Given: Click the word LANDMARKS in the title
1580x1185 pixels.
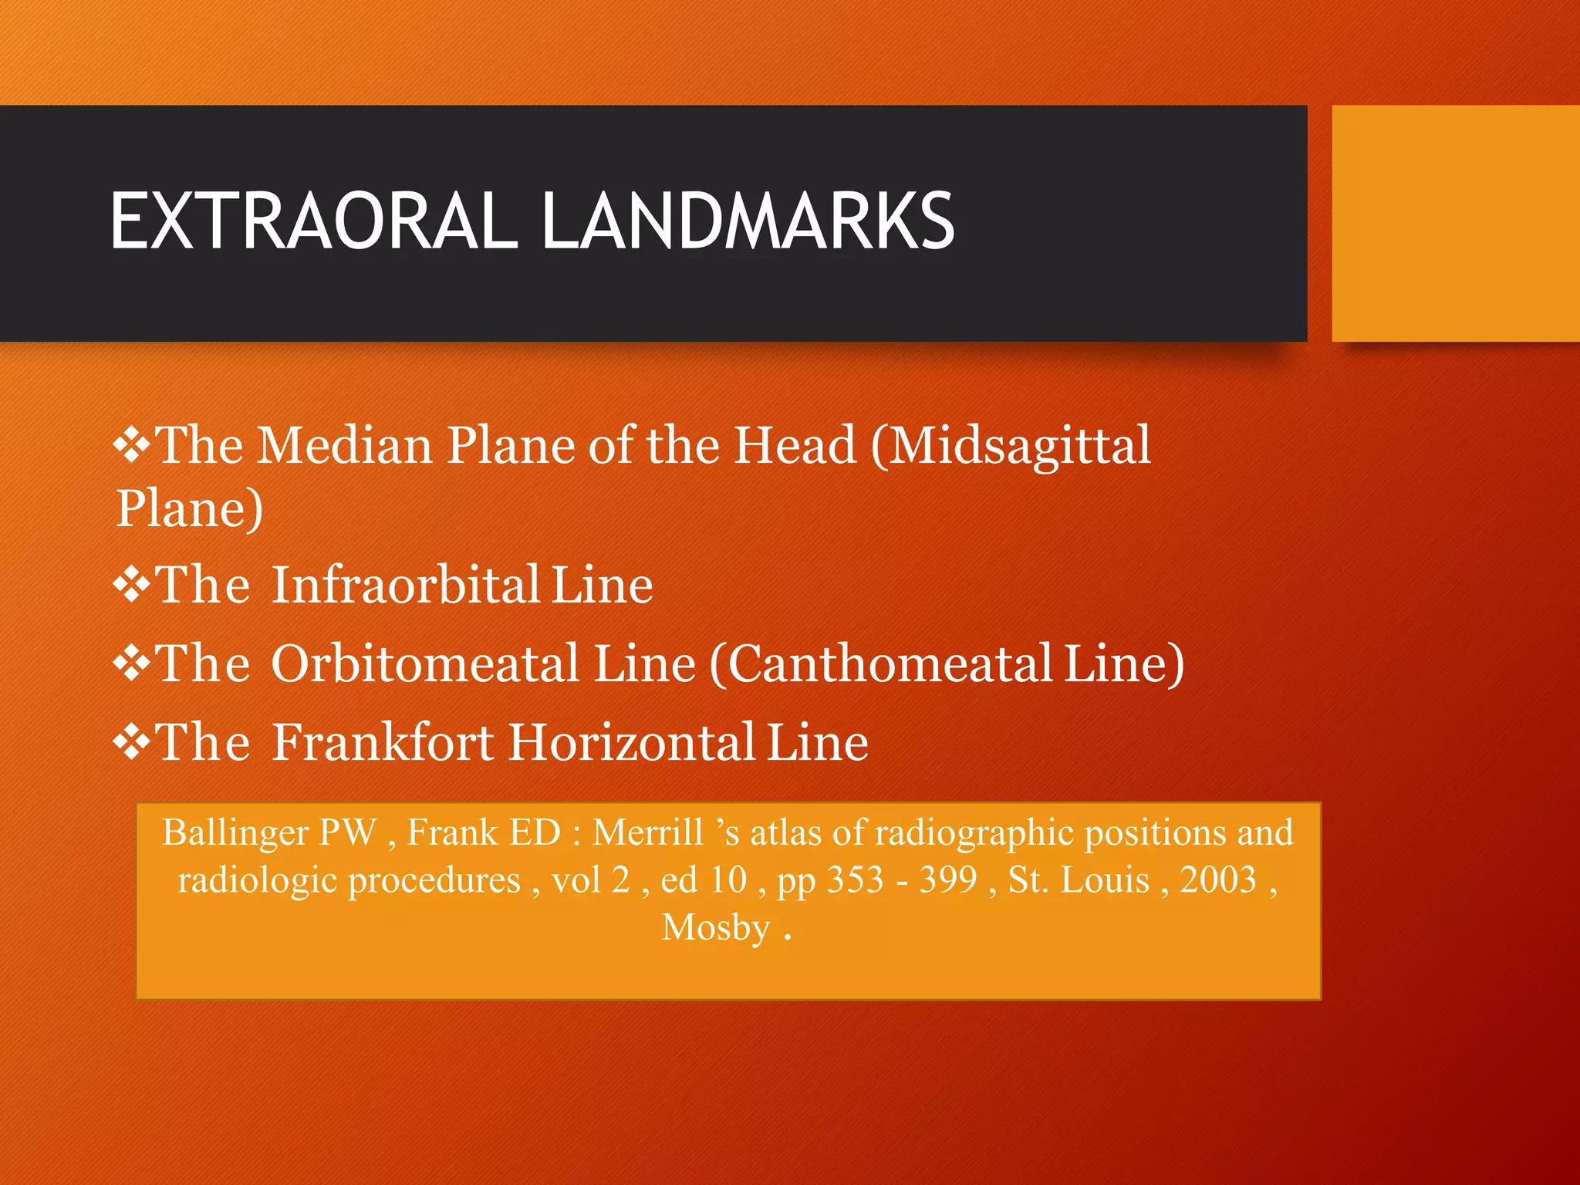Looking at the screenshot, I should click(748, 221).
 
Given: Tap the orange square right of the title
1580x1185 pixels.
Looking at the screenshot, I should click(1456, 223).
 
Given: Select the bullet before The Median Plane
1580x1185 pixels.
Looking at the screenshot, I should click(132, 447).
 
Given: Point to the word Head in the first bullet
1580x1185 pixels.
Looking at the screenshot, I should click(795, 445).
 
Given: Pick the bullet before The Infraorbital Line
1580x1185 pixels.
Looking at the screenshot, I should click(132, 585).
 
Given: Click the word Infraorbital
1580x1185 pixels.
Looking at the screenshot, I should click(406, 585).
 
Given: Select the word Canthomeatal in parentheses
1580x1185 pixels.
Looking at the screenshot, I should click(890, 663).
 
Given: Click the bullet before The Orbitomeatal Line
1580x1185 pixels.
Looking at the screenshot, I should click(132, 663).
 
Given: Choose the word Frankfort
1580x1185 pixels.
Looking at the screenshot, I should click(383, 742).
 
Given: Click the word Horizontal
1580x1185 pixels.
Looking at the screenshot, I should click(632, 742).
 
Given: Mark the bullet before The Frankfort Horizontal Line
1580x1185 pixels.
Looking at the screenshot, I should click(132, 742).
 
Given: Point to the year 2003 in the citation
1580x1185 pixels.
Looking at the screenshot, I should click(1218, 879).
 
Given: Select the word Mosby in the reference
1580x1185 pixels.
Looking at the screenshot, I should click(717, 927).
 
